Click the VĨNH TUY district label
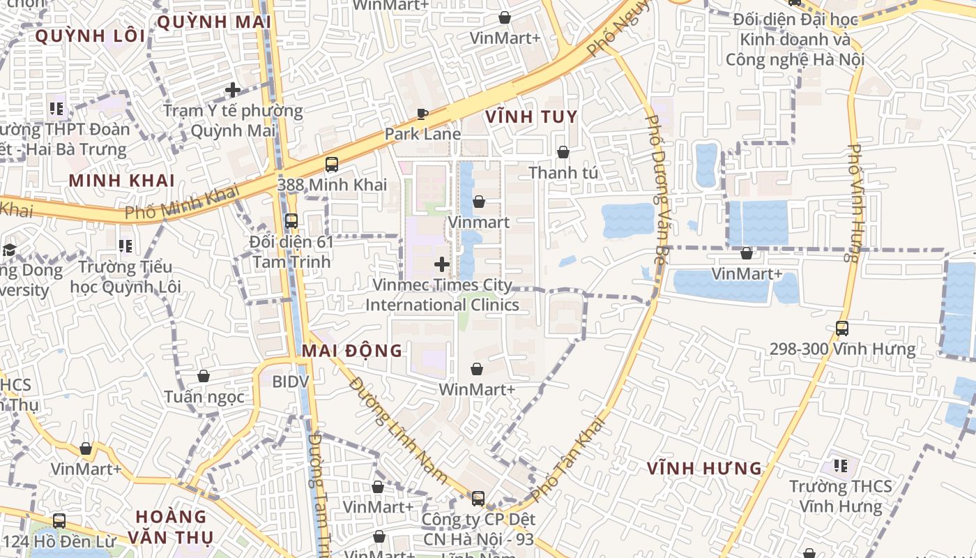pos(531,116)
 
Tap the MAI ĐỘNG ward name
pos(352,350)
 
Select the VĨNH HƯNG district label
pos(704,468)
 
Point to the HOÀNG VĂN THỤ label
pos(171,527)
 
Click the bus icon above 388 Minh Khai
pos(332,165)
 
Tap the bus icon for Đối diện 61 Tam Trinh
pos(291,220)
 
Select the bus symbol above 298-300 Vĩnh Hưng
pos(842,328)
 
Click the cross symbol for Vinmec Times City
pos(442,264)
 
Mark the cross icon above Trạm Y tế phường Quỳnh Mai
pos(233,89)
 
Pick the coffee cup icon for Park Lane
pos(422,114)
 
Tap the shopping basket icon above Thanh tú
pos(563,151)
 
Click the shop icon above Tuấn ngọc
pos(204,376)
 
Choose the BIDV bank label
pos(290,382)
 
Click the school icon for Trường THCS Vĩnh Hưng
pos(841,465)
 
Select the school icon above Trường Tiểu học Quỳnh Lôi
pos(125,246)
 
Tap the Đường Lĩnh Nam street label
pos(398,430)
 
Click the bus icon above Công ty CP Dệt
pos(478,498)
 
